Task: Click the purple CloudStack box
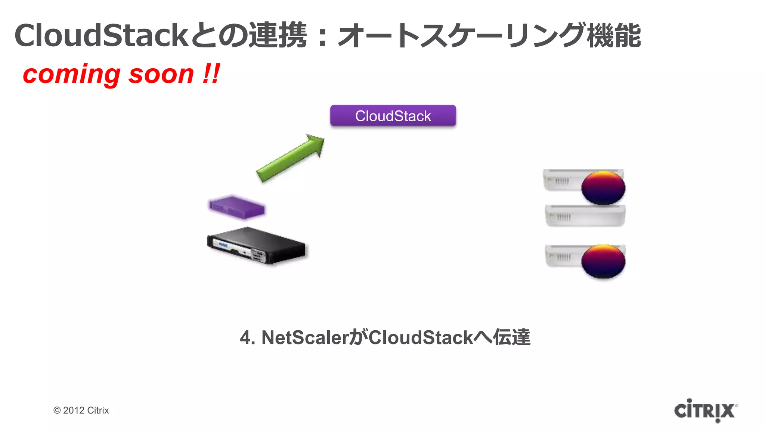point(393,116)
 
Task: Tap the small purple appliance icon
point(237,207)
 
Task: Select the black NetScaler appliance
point(256,246)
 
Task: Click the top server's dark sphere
point(603,187)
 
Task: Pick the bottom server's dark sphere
point(603,261)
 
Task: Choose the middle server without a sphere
point(585,216)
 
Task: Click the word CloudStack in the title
point(101,35)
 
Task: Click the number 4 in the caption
point(245,337)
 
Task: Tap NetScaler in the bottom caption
point(305,337)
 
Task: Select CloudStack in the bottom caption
point(421,337)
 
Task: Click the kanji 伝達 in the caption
point(511,337)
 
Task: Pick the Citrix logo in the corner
point(705,411)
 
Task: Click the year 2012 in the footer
point(74,410)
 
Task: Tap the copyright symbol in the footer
point(57,411)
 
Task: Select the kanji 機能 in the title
point(613,35)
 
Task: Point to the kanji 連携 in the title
point(278,35)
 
